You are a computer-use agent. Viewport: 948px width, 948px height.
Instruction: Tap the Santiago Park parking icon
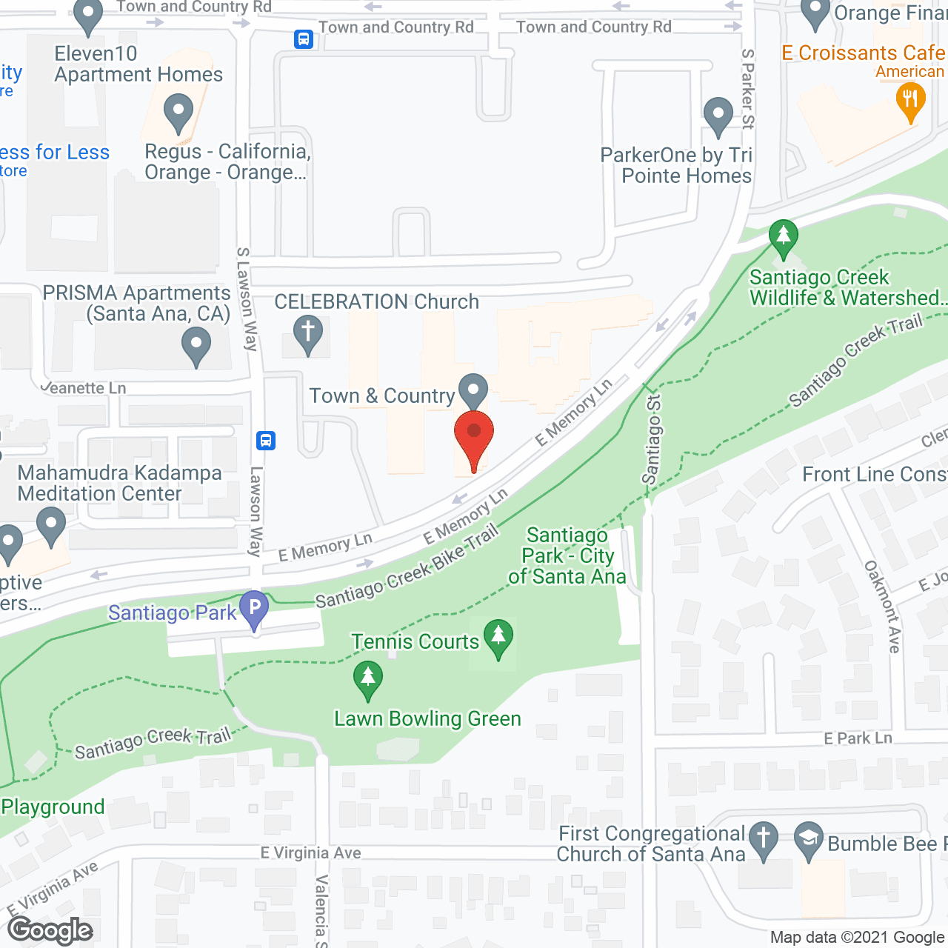[x=254, y=610]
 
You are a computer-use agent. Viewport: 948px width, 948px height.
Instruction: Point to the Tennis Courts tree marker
[x=498, y=637]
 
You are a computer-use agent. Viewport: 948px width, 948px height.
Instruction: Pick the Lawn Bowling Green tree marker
[x=367, y=679]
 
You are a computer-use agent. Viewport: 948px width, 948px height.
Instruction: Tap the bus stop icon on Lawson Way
[x=266, y=441]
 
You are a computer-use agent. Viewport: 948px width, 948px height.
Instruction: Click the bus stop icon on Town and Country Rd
[x=304, y=39]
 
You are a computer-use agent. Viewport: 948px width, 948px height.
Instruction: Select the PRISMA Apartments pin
[x=196, y=345]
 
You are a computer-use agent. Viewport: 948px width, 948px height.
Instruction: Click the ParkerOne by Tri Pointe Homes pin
[x=718, y=116]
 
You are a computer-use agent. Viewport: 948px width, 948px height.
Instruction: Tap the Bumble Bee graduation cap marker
[x=808, y=840]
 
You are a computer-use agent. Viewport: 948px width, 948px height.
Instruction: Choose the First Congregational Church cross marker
[x=763, y=840]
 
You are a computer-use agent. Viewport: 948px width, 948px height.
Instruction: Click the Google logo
[x=50, y=930]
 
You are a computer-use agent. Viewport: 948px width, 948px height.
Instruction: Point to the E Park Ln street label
[x=858, y=738]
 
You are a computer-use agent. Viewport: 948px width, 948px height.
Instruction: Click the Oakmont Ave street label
[x=883, y=607]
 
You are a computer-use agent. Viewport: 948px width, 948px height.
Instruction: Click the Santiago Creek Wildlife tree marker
[x=783, y=237]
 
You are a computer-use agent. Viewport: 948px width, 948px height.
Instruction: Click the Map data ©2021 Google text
[x=857, y=938]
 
